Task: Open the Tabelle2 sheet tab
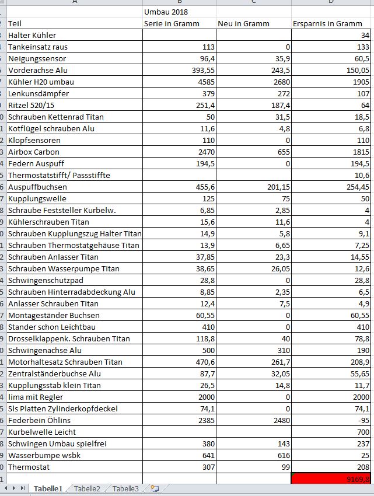[x=87, y=489]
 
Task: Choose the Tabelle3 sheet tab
[x=125, y=489]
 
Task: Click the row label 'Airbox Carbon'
[x=34, y=152]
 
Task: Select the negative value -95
[x=361, y=420]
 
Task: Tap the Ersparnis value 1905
[x=360, y=82]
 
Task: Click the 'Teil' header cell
[x=15, y=23]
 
